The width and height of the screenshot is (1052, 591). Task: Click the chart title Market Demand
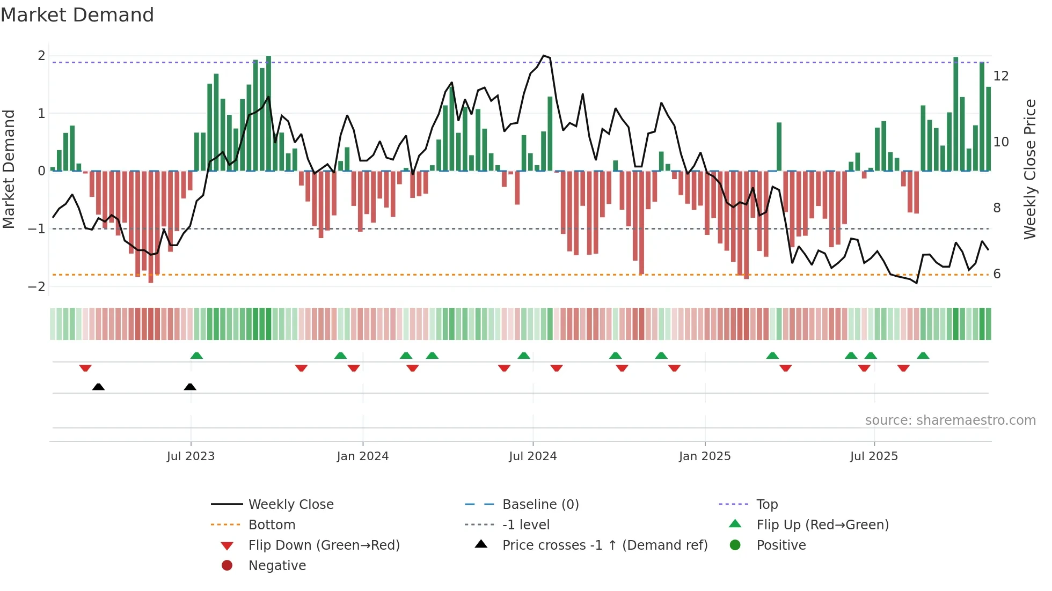click(77, 15)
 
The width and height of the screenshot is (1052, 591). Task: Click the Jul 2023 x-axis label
click(191, 456)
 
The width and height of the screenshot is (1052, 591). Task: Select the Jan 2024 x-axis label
click(362, 456)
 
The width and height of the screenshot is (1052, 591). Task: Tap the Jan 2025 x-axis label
click(704, 456)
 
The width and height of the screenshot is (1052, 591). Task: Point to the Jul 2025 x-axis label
click(873, 456)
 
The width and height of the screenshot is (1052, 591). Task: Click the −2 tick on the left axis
click(37, 287)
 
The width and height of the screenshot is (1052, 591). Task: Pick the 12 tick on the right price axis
click(1000, 76)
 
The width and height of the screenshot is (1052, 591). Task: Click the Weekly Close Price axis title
click(1029, 169)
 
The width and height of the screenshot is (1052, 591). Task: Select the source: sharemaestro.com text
click(950, 420)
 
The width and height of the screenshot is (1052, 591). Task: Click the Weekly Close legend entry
click(290, 505)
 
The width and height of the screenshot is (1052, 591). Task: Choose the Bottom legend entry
click(272, 525)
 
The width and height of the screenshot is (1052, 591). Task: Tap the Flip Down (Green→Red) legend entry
click(324, 545)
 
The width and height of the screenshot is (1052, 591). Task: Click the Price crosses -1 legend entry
click(604, 545)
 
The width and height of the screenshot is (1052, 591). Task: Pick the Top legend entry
click(766, 505)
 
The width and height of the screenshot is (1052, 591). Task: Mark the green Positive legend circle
click(735, 545)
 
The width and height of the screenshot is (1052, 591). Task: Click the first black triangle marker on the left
click(98, 387)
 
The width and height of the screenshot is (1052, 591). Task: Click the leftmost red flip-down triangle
click(85, 368)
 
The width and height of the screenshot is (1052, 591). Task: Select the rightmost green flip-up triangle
click(923, 356)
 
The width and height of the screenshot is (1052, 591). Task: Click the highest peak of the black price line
click(544, 56)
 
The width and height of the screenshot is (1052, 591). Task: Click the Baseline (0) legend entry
click(540, 505)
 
